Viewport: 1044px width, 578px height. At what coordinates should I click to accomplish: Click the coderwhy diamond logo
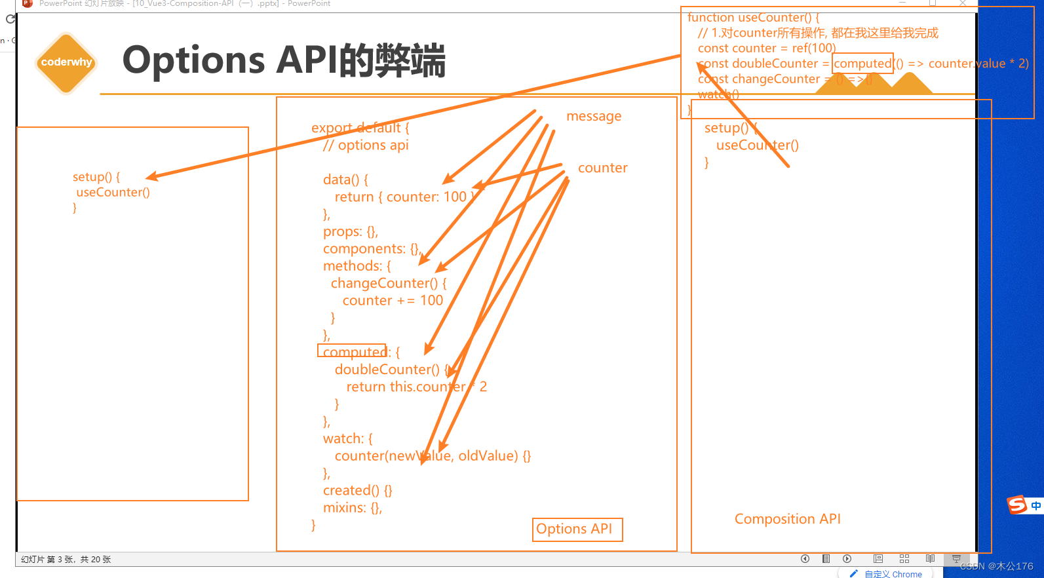pyautogui.click(x=66, y=63)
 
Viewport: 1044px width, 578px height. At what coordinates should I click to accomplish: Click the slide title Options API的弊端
pyautogui.click(x=284, y=60)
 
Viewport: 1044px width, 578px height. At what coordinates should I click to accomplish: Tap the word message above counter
pyautogui.click(x=594, y=117)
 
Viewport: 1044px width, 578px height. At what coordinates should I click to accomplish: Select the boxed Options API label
pyautogui.click(x=577, y=530)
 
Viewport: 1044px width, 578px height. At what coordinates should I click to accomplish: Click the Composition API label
pyautogui.click(x=787, y=519)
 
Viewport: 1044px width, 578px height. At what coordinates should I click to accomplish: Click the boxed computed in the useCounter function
pyautogui.click(x=862, y=64)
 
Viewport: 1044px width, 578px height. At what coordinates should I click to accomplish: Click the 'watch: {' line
pyautogui.click(x=347, y=438)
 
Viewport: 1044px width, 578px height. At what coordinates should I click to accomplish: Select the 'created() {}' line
pyautogui.click(x=357, y=490)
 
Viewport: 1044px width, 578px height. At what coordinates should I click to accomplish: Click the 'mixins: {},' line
pyautogui.click(x=352, y=508)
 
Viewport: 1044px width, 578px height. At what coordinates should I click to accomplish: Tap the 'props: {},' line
pyautogui.click(x=350, y=231)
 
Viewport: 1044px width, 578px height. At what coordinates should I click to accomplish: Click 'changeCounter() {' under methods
pyautogui.click(x=388, y=283)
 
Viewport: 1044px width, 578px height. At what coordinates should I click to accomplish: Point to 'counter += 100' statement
pyautogui.click(x=392, y=300)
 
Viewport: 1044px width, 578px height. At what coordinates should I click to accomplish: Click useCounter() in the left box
pyautogui.click(x=113, y=193)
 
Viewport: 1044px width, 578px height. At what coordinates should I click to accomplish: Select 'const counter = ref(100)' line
pyautogui.click(x=766, y=48)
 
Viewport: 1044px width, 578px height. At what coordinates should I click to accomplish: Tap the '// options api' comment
pyautogui.click(x=366, y=145)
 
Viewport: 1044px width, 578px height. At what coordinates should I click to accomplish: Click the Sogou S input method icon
pyautogui.click(x=1016, y=505)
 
